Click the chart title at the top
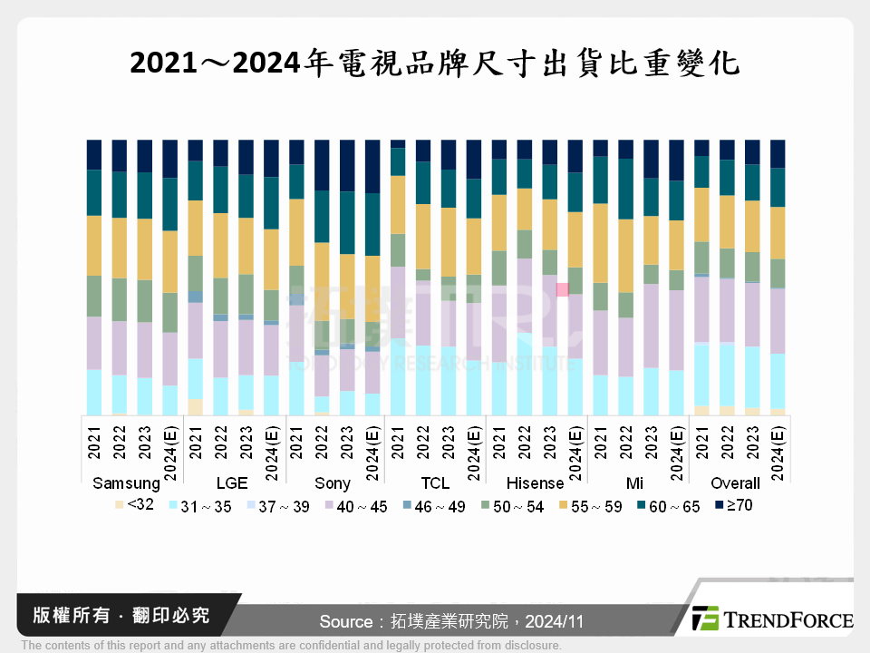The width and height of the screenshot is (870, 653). pos(435,63)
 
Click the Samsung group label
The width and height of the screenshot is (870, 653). pos(126,483)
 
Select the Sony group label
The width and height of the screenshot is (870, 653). pos(333,483)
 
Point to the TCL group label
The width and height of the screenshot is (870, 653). pos(435,483)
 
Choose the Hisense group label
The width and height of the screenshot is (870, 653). pos(535,483)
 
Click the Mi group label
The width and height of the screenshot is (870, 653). pos(637,483)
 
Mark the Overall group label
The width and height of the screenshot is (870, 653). pos(736,483)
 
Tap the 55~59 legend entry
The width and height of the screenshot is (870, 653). pos(594,506)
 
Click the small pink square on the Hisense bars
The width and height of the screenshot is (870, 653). pos(562,289)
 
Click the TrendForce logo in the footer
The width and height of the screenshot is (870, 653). pos(771,619)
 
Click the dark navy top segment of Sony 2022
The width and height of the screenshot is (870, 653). pos(322,165)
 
